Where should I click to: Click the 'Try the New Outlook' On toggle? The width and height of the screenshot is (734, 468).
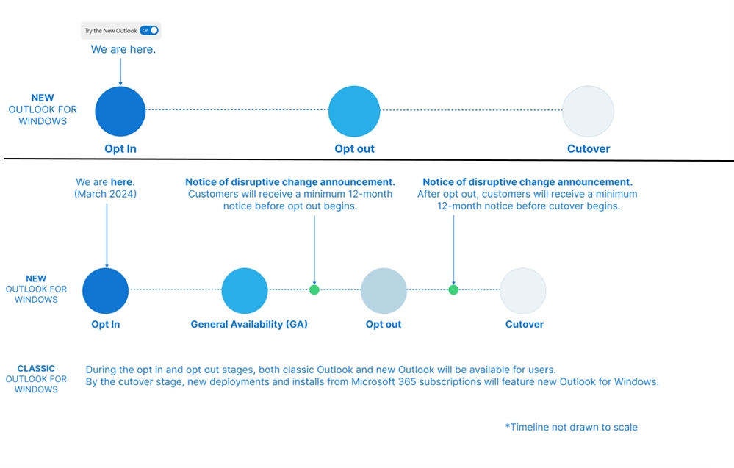click(x=149, y=30)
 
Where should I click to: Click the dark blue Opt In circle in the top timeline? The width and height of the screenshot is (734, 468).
click(x=120, y=112)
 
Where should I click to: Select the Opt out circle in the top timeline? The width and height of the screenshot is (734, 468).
click(x=354, y=112)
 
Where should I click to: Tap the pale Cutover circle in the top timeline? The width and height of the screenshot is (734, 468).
click(x=588, y=112)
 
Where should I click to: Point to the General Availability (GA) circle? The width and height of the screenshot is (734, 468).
click(x=245, y=291)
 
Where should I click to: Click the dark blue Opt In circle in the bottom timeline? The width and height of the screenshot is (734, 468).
click(x=105, y=291)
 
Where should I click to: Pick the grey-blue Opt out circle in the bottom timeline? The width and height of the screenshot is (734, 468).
click(x=384, y=291)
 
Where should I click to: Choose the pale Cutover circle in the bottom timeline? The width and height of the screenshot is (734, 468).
click(x=523, y=291)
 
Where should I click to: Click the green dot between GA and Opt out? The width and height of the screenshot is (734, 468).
click(x=314, y=289)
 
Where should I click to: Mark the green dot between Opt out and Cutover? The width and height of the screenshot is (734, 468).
click(x=453, y=289)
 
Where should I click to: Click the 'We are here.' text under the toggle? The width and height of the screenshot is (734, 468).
click(x=123, y=49)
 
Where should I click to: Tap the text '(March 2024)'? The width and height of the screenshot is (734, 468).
click(x=105, y=194)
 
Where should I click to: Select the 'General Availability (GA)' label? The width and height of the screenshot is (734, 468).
click(x=249, y=324)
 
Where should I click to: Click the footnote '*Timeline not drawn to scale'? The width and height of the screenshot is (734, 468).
click(x=571, y=427)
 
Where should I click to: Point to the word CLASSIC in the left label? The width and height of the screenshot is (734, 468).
click(x=36, y=368)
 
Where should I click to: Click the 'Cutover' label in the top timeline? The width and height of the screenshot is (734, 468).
click(x=589, y=149)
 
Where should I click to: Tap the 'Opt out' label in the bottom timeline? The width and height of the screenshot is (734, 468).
click(x=384, y=324)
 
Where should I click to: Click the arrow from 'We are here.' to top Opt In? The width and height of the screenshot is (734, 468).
click(x=120, y=71)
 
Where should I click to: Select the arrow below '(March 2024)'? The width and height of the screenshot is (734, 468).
click(x=107, y=235)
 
